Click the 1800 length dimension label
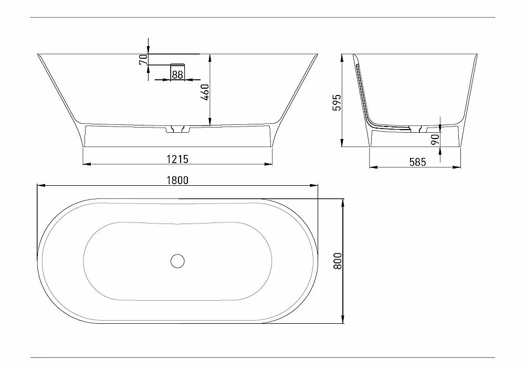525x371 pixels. coord(177,181)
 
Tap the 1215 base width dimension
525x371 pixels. coord(177,159)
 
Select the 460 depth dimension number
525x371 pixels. coord(205,92)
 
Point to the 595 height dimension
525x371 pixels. coord(337,102)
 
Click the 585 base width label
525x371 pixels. coord(417,162)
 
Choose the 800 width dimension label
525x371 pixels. coord(338,261)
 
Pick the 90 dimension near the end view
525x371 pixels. coord(435,139)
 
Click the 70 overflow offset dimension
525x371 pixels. coord(143,59)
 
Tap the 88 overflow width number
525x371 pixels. coord(177,75)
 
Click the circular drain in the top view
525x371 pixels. coord(177,261)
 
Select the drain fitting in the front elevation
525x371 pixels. coord(177,129)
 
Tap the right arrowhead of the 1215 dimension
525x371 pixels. coord(268,164)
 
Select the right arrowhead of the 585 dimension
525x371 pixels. coord(457,166)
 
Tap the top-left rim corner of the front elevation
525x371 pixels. coord(38,54)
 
